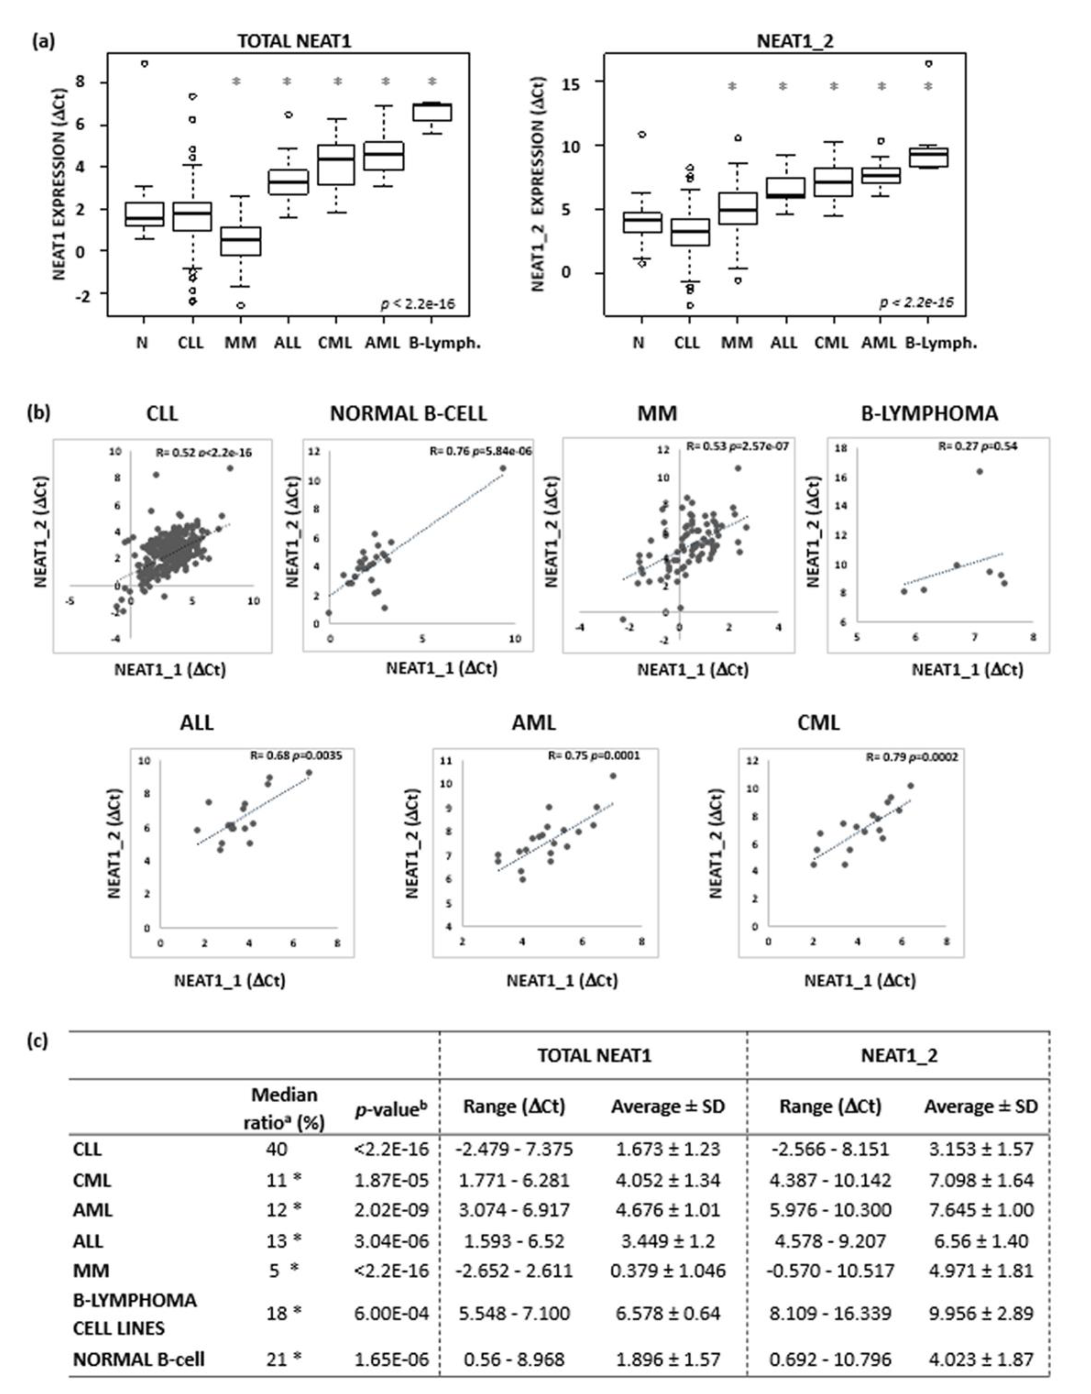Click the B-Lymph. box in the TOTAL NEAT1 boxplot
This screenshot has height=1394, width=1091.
point(432,112)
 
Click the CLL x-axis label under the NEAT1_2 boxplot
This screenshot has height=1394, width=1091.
point(687,343)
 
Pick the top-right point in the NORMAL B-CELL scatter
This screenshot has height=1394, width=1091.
point(503,468)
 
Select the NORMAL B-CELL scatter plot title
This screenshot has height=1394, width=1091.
point(408,414)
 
